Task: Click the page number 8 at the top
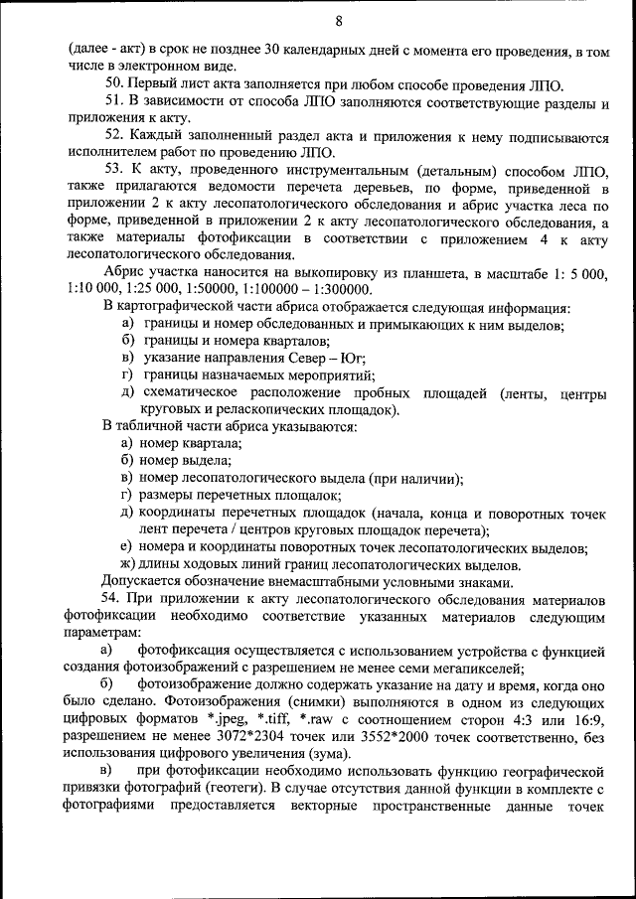point(339,21)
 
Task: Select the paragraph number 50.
point(114,83)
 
